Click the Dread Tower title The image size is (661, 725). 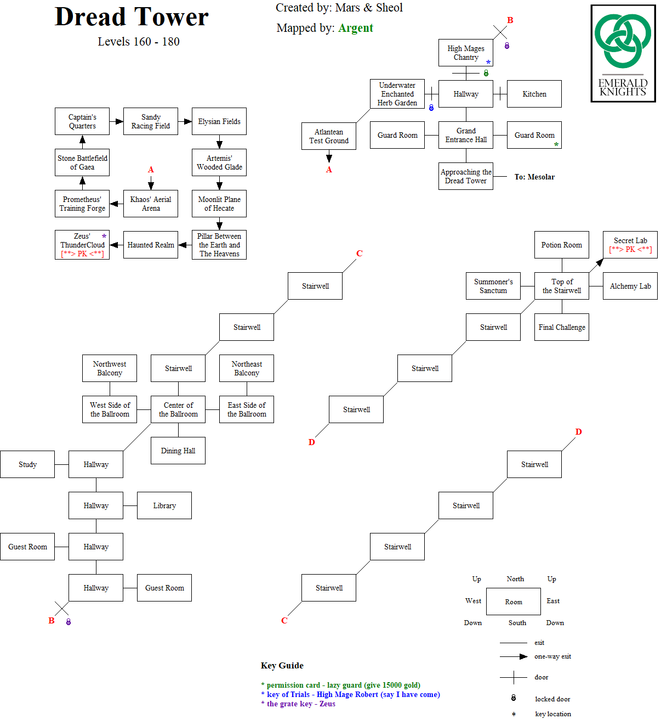coord(132,17)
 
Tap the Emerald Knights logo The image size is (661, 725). coord(623,53)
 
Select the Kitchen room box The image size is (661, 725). coord(534,94)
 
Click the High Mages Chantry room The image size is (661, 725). coord(466,53)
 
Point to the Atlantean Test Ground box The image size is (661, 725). coord(329,136)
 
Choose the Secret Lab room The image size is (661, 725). coord(630,245)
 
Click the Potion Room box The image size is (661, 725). coord(562,245)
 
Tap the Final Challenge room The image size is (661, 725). coord(562,327)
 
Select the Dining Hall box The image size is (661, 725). coord(178,451)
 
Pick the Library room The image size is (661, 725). coord(164,505)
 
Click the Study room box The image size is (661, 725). coord(27,464)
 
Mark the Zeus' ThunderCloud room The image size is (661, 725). coord(82,245)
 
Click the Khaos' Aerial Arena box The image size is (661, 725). coord(151,204)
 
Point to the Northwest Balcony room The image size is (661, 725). coord(110,368)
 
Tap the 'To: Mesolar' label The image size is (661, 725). coord(534,177)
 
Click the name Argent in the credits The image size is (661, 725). coord(356,28)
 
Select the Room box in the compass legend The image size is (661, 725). coord(514,602)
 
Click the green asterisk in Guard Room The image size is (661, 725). coord(556,145)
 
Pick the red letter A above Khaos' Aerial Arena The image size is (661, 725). coord(151,170)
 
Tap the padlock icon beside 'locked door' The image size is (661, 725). coord(514,698)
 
